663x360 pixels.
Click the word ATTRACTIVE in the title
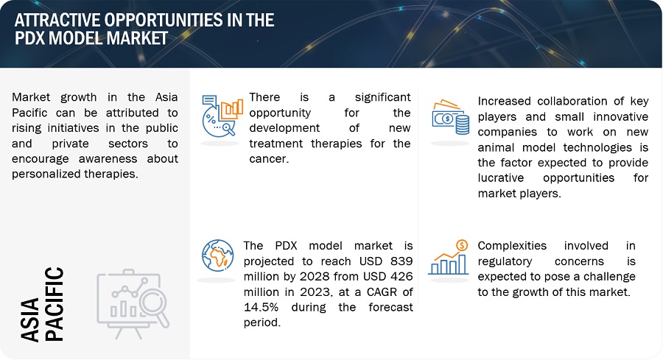coord(57,20)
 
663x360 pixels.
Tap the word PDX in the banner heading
coord(30,38)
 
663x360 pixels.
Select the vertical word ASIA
coord(30,320)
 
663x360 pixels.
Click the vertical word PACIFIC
coord(54,304)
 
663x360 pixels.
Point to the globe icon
coord(218,255)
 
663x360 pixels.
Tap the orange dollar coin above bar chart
coord(462,245)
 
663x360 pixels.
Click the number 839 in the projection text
coord(401,261)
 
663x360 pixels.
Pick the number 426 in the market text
coord(401,276)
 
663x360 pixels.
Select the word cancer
coord(269,159)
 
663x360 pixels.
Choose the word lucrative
coord(501,178)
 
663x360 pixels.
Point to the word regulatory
coord(505,262)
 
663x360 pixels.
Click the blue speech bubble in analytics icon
coord(209,101)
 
